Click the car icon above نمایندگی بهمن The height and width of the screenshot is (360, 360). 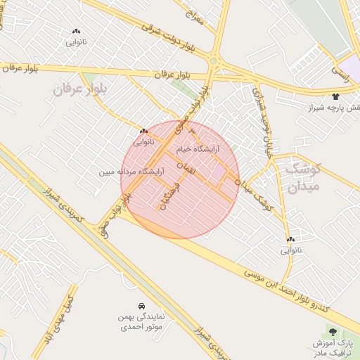click(x=142, y=307)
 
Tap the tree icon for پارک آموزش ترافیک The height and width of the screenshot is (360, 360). click(x=333, y=332)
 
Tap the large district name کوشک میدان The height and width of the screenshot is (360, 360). click(x=302, y=177)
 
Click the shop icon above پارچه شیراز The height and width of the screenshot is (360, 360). click(x=335, y=96)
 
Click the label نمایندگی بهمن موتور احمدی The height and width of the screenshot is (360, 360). click(x=141, y=321)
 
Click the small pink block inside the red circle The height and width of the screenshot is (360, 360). click(x=220, y=171)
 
